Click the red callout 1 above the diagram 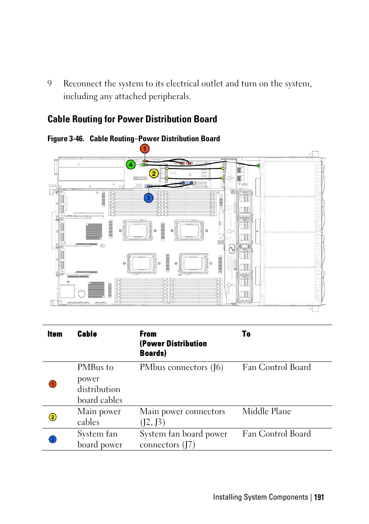pyautogui.click(x=144, y=149)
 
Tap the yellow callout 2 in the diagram pyautogui.click(x=154, y=173)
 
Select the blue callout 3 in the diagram pyautogui.click(x=149, y=198)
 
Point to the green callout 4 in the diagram pyautogui.click(x=131, y=164)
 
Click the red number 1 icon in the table pyautogui.click(x=53, y=384)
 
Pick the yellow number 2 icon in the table pyautogui.click(x=53, y=417)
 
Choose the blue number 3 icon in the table pyautogui.click(x=53, y=439)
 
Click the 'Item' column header pyautogui.click(x=55, y=334)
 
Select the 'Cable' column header pyautogui.click(x=87, y=334)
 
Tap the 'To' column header pyautogui.click(x=246, y=334)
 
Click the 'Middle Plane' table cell pyautogui.click(x=266, y=411)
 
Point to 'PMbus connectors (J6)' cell pyautogui.click(x=181, y=367)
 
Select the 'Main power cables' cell pyautogui.click(x=99, y=417)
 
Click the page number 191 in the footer pyautogui.click(x=319, y=497)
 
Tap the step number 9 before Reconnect pyautogui.click(x=50, y=84)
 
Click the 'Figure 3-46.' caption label pyautogui.click(x=66, y=139)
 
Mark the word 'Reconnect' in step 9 pyautogui.click(x=82, y=84)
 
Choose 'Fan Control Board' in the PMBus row pyautogui.click(x=277, y=367)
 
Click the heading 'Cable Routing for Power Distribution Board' pyautogui.click(x=132, y=119)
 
